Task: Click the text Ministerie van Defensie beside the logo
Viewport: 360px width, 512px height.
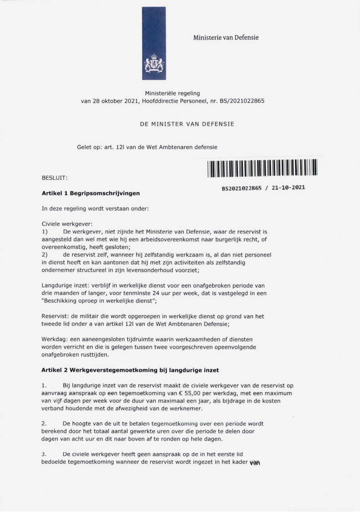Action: [226, 37]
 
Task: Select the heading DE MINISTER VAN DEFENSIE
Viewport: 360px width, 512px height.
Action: [187, 124]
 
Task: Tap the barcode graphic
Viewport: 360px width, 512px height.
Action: [262, 168]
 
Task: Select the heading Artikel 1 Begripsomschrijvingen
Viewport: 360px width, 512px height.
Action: [91, 193]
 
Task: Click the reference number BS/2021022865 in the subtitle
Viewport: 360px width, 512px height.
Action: [242, 101]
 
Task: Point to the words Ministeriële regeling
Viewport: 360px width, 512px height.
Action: [172, 93]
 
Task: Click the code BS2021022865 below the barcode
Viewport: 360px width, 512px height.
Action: [242, 187]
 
